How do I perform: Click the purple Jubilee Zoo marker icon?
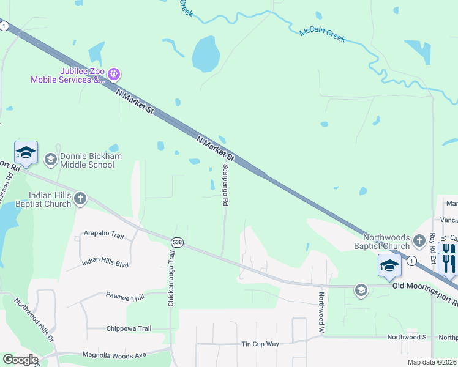point(113,75)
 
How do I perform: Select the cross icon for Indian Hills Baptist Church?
point(80,198)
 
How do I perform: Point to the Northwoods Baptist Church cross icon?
point(419,240)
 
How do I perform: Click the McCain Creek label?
point(322,35)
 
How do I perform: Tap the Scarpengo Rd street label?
point(225,184)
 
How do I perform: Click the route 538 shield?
point(177,242)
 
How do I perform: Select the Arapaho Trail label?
point(103,234)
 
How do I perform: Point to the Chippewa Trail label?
point(128,328)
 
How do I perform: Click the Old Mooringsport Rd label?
point(424,286)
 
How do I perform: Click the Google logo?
point(20,360)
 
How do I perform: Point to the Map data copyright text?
point(431,362)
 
